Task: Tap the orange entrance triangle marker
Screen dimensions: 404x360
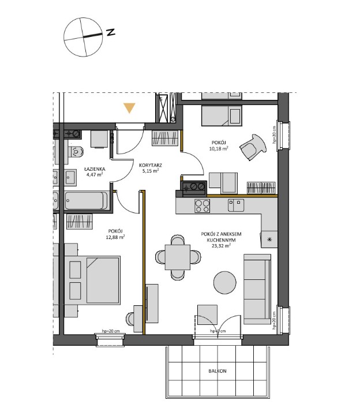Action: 130,108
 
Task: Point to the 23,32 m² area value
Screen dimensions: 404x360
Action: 220,245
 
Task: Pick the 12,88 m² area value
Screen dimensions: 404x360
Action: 115,236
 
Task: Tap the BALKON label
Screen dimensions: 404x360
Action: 218,371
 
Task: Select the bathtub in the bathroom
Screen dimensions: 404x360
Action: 85,201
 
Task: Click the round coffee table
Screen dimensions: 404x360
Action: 225,283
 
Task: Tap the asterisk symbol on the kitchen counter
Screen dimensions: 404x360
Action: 268,237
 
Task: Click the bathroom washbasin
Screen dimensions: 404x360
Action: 71,176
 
